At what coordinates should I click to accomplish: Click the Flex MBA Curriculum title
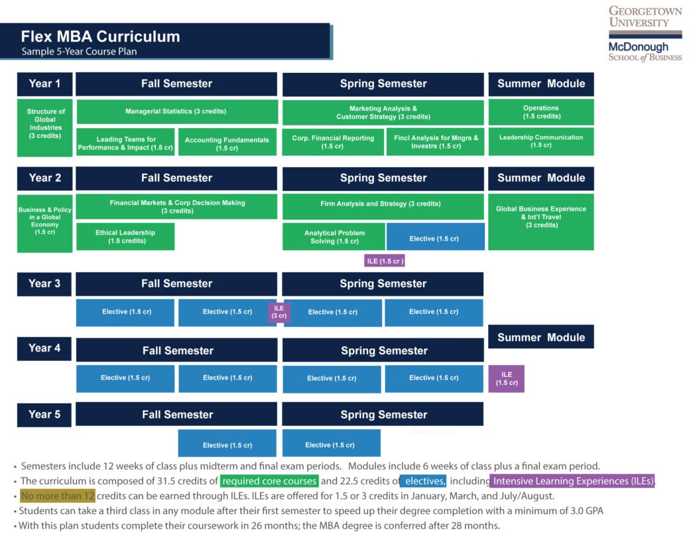(x=100, y=36)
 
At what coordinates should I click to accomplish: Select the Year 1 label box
(x=44, y=84)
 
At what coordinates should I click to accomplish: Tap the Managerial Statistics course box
(x=176, y=111)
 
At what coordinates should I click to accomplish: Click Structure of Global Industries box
(x=45, y=127)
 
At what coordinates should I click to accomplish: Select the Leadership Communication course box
(x=541, y=141)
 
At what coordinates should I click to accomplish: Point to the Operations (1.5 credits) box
(x=541, y=112)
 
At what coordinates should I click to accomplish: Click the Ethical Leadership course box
(x=125, y=237)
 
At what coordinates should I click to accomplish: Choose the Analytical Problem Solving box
(x=334, y=237)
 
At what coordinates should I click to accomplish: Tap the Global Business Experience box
(x=541, y=222)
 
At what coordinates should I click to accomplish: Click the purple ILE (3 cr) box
(x=279, y=312)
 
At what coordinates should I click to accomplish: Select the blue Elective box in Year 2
(x=434, y=237)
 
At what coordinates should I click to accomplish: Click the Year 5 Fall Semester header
(x=176, y=415)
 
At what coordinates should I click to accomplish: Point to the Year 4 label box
(x=44, y=348)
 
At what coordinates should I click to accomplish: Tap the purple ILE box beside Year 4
(x=507, y=379)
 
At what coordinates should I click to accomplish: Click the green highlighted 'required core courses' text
(x=269, y=481)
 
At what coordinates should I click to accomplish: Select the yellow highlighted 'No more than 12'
(x=58, y=496)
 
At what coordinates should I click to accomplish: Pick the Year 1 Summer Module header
(x=541, y=84)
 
